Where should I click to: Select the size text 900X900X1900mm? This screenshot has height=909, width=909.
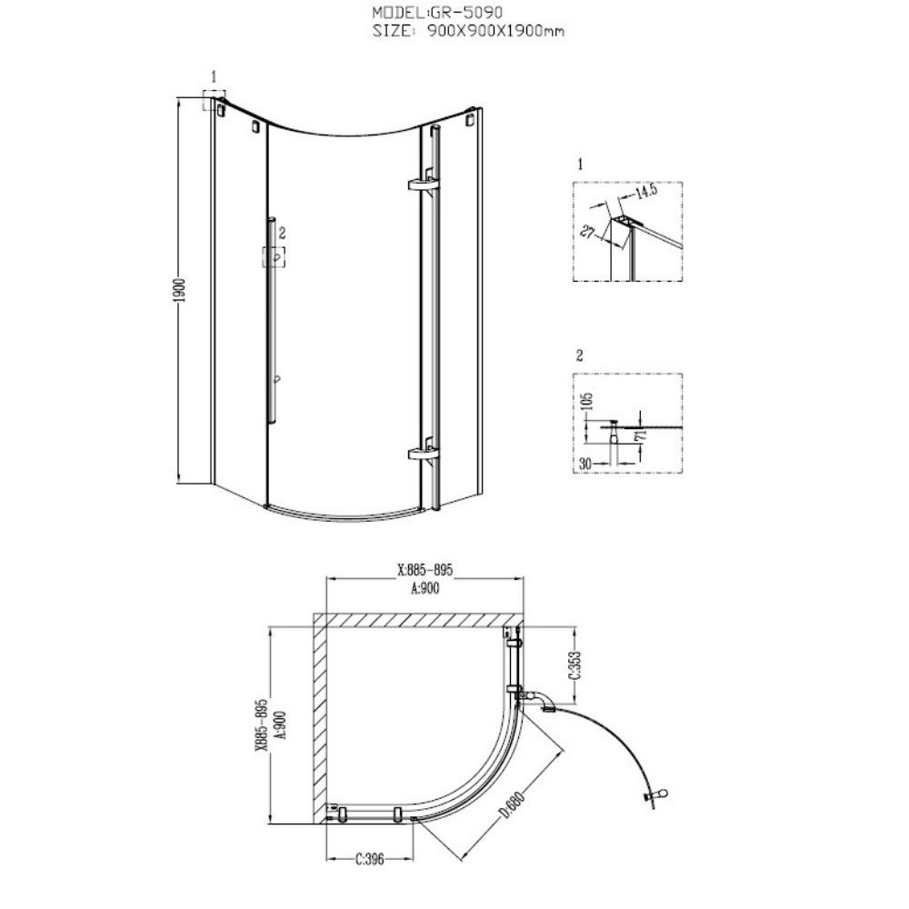(495, 31)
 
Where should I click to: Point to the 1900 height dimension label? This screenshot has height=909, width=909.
(179, 290)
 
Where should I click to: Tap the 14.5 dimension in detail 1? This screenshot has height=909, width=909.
(645, 193)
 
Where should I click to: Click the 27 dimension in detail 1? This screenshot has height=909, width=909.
(588, 232)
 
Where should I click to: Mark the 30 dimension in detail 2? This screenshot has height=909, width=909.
(585, 464)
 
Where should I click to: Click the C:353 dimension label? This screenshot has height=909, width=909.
(574, 664)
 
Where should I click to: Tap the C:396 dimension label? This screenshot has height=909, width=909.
(370, 859)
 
